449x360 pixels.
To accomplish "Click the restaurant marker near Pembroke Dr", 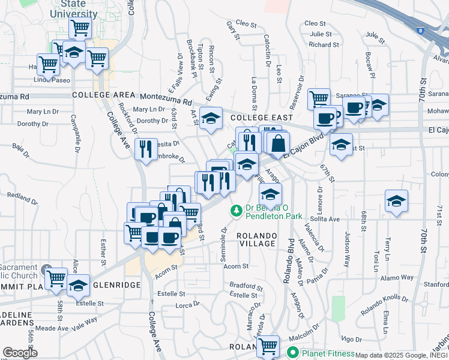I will pyautogui.click(x=146, y=149).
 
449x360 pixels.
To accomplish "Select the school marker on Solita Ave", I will pyautogui.click(x=396, y=202).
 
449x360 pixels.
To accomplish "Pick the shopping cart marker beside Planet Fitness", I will pyautogui.click(x=268, y=346).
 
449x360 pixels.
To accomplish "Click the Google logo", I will pyautogui.click(x=20, y=352).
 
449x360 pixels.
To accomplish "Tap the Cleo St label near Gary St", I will pyautogui.click(x=246, y=23).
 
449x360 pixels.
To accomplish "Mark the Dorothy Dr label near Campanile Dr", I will pyautogui.click(x=29, y=124).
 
